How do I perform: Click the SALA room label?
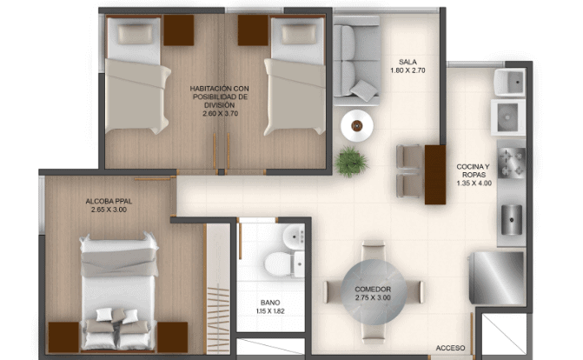pos(407,62)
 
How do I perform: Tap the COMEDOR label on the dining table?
pos(373,290)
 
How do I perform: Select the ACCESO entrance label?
pos(450,348)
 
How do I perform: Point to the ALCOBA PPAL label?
pos(109,202)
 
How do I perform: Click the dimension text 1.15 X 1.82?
pos(270,311)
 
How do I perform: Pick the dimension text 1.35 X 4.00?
pos(474,183)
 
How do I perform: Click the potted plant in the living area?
pos(351,162)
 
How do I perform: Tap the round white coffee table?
pos(357,126)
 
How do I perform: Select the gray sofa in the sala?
pos(357,60)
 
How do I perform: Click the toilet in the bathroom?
pos(277,264)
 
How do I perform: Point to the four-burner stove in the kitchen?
pos(512,162)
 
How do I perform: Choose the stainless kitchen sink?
pos(512,220)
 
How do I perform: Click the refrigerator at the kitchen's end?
pos(496,277)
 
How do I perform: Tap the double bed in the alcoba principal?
pos(118,291)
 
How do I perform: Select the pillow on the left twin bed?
pos(136,34)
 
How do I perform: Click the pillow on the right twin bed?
pos(299,34)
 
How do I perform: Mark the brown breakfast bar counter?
pos(435,175)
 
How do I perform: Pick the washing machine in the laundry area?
pos(508,117)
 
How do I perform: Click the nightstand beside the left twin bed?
pos(179,30)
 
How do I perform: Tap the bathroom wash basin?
pos(294,236)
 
